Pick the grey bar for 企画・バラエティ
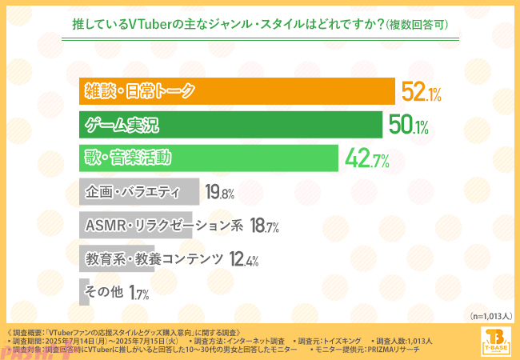139,192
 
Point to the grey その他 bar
84,292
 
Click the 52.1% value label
422,94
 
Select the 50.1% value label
409,126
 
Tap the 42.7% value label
367,160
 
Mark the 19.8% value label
219,193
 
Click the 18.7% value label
264,226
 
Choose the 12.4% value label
243,260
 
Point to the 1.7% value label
139,294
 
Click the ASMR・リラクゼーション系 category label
164,226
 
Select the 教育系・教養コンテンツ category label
154,259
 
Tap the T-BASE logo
498,341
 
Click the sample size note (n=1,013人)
490,317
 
